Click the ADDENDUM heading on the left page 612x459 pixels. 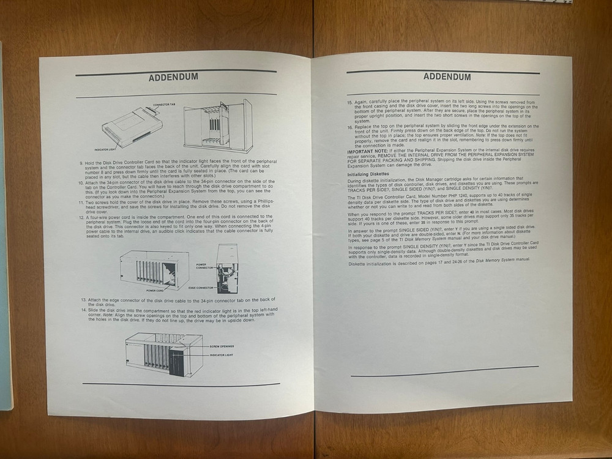[x=173, y=78]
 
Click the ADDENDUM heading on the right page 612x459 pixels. [x=447, y=77]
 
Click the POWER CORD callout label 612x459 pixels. [x=155, y=290]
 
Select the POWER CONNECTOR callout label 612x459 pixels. [x=206, y=267]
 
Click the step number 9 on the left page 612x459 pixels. [x=81, y=163]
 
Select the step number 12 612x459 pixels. [x=81, y=217]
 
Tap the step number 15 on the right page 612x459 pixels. [x=349, y=102]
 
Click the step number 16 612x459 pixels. [x=349, y=125]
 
